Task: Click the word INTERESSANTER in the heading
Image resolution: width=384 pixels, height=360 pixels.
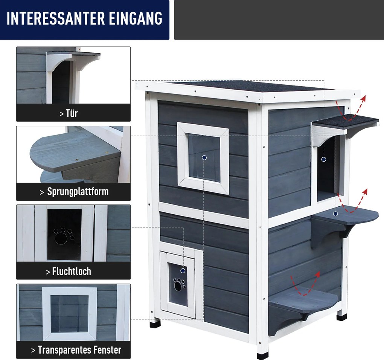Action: tap(56, 18)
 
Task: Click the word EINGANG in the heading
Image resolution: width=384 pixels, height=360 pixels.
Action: tap(136, 18)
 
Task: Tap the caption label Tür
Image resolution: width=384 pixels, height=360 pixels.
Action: tap(72, 113)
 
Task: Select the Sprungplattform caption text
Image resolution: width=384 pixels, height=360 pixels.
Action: tap(78, 192)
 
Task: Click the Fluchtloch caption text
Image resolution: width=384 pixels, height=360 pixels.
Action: tap(72, 272)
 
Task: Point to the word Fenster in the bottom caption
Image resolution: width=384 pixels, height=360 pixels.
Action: tap(107, 350)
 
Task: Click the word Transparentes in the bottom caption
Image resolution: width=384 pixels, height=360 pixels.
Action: tap(64, 350)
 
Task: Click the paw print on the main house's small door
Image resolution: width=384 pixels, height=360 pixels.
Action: tap(179, 284)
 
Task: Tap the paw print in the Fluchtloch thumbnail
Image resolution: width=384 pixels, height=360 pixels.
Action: tap(64, 236)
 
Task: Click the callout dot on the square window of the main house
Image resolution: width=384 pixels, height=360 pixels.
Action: tap(204, 158)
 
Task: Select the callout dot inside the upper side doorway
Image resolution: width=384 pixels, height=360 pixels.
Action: tap(323, 159)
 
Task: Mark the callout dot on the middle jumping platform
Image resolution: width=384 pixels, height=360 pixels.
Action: tap(335, 214)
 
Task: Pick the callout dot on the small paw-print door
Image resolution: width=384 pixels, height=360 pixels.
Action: tap(183, 271)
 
